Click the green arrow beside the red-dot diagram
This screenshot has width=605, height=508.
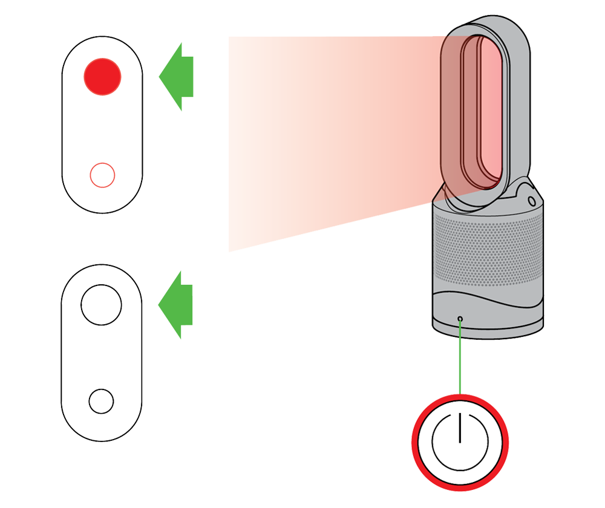[x=177, y=76]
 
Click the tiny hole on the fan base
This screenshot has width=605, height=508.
[x=460, y=319]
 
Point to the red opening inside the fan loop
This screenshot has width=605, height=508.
[x=481, y=112]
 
